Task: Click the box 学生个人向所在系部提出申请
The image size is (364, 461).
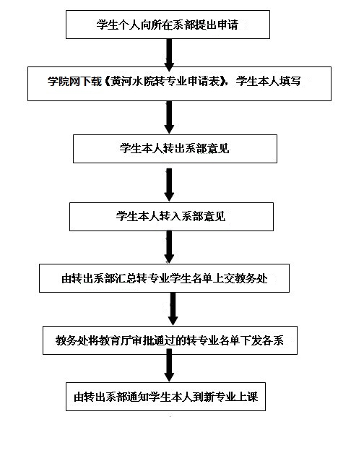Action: pyautogui.click(x=168, y=25)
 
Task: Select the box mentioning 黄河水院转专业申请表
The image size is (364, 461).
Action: pyautogui.click(x=179, y=84)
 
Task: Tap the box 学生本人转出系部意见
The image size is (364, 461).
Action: pyautogui.click(x=175, y=149)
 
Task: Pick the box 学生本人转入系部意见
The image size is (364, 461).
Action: pyautogui.click(x=171, y=217)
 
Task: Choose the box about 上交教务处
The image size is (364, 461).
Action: pyautogui.click(x=164, y=278)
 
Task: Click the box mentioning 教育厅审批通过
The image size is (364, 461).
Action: pyautogui.click(x=170, y=340)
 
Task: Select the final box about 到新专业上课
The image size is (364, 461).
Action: pyautogui.click(x=165, y=397)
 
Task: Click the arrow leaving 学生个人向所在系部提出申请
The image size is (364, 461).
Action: pyautogui.click(x=169, y=55)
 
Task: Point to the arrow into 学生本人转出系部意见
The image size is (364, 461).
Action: pyautogui.click(x=169, y=117)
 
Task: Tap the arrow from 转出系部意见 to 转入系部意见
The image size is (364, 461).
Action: pyautogui.click(x=169, y=185)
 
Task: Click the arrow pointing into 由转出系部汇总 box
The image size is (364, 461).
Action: pyautogui.click(x=169, y=247)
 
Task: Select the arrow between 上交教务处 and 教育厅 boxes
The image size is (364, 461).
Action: pyautogui.click(x=173, y=309)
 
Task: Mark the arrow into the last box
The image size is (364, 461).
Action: pyautogui.click(x=169, y=365)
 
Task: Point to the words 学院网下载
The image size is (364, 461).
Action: pyautogui.click(x=74, y=81)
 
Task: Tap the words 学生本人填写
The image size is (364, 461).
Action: pyautogui.click(x=268, y=81)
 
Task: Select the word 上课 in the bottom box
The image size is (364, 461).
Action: pyautogui.click(x=248, y=397)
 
